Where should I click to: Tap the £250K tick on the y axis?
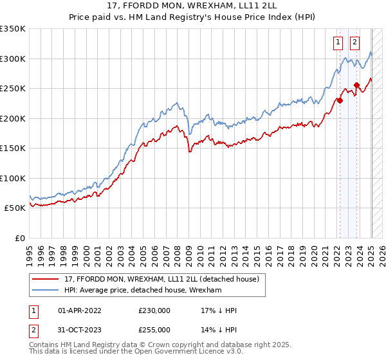(x=13, y=89)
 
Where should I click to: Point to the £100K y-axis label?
(x=13, y=178)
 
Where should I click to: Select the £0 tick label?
(x=19, y=238)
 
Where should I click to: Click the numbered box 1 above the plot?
(x=338, y=42)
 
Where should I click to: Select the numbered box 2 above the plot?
(x=355, y=42)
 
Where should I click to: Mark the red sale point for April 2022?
(x=339, y=100)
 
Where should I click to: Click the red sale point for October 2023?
(x=356, y=85)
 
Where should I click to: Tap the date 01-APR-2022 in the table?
(x=80, y=310)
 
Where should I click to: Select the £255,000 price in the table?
(x=154, y=330)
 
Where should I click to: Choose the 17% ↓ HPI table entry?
(x=219, y=310)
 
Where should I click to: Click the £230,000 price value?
(x=154, y=310)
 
